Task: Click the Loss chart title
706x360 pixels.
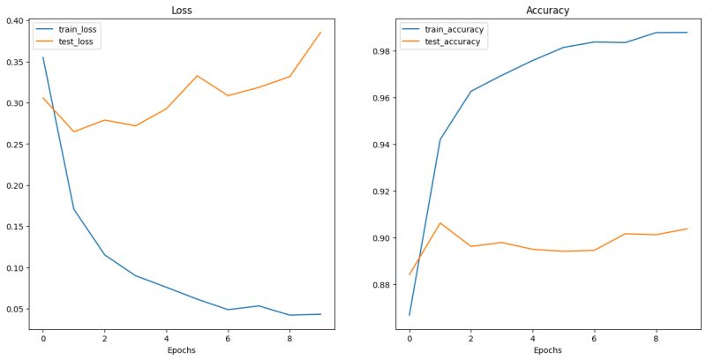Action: [181, 11]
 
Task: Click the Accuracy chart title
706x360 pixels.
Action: [548, 11]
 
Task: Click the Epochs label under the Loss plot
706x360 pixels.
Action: [181, 350]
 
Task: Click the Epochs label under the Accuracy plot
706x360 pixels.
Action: [548, 350]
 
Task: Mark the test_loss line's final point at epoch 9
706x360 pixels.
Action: [320, 33]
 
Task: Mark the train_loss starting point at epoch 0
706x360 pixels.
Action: [42, 57]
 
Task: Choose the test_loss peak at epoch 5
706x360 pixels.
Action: [197, 76]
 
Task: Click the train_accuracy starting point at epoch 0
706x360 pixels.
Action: [409, 315]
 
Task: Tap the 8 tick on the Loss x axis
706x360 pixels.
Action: [289, 336]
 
